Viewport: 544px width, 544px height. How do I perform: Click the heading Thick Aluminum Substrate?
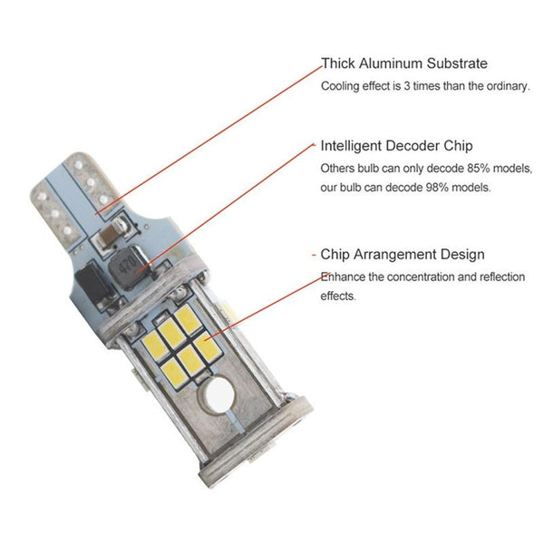[404, 63]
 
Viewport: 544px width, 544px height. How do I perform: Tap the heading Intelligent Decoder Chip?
[396, 146]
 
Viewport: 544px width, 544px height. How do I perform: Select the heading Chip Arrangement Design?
[402, 254]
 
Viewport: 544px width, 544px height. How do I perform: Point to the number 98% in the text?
[437, 188]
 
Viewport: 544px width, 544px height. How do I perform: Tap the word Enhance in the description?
[343, 277]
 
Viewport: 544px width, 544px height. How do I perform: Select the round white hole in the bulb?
[217, 395]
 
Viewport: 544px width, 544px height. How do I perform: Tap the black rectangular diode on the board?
[93, 282]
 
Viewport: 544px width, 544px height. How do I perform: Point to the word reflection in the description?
[501, 277]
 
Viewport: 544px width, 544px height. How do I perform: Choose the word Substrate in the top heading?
[457, 63]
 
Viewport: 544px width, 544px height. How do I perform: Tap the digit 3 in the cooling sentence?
[406, 86]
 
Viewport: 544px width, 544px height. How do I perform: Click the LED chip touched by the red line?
[207, 345]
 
